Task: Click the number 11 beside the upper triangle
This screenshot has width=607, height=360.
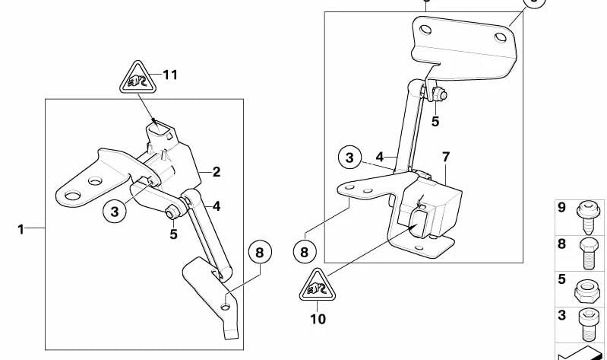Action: coord(169,75)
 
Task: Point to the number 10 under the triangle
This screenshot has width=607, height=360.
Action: coord(318,319)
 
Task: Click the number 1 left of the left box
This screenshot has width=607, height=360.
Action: coord(21,228)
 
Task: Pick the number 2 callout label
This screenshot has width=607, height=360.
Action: coord(217,172)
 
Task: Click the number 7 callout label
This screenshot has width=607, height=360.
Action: coord(446,158)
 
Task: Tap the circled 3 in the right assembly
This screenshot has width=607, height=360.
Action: coord(349,158)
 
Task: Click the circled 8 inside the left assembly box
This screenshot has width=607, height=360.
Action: coord(259,251)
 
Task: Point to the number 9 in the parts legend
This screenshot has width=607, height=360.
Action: coord(562,207)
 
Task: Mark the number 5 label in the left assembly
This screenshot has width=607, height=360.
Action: coord(174,234)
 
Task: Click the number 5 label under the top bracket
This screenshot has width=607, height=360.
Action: coord(435,121)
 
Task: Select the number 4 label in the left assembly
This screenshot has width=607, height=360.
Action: coord(217,205)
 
